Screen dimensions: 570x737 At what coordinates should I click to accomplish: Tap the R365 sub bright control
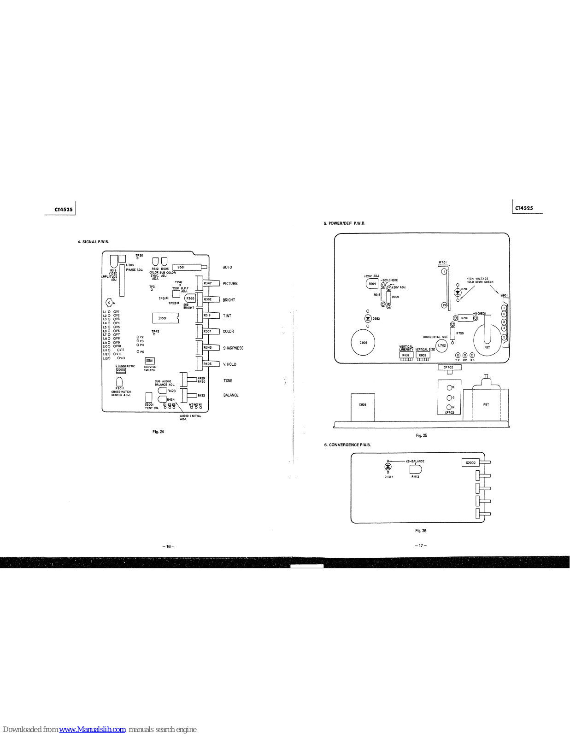pos(190,298)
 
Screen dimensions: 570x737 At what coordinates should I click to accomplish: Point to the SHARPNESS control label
pos(233,348)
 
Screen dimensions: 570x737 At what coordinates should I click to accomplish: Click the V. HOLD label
pos(229,364)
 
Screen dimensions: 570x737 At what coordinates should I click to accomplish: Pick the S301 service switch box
pos(150,361)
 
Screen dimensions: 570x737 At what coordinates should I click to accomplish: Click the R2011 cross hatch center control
pos(119,381)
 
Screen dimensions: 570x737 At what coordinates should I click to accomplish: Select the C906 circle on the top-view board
pos(363,343)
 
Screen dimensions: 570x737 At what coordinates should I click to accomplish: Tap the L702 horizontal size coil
pos(441,345)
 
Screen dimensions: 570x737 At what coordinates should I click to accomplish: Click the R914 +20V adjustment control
pos(372,284)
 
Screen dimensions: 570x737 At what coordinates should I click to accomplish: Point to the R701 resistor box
pos(464,318)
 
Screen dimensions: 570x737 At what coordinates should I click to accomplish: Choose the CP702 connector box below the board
pos(449,367)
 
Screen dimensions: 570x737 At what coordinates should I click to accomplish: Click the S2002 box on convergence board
pos(470,463)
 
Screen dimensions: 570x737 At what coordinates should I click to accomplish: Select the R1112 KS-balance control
pos(416,469)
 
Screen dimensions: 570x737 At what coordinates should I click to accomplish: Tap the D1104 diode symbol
pos(388,467)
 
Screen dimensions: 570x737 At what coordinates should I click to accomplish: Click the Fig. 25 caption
pos(421,435)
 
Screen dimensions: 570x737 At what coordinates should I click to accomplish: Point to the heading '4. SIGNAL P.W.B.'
pos(94,242)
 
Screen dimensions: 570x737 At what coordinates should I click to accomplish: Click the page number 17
pos(420,546)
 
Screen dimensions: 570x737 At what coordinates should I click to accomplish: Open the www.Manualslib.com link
pos(93,729)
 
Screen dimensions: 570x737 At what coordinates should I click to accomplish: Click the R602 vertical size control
pos(423,355)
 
